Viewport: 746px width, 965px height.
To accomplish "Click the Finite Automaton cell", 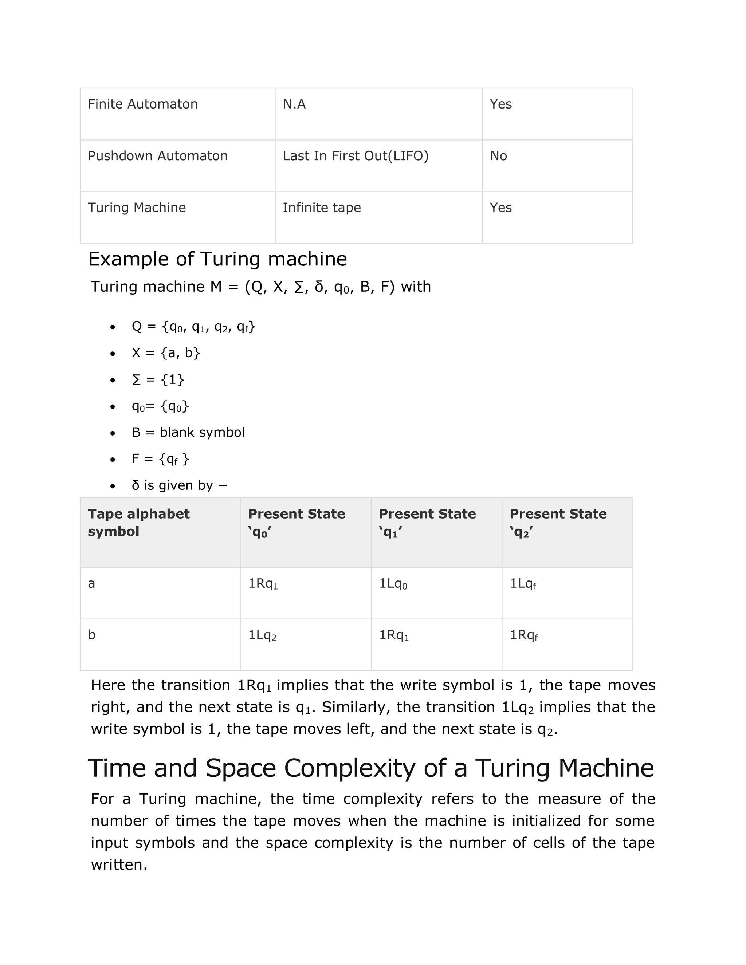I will pos(143,104).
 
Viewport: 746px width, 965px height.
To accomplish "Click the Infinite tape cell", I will pos(322,208).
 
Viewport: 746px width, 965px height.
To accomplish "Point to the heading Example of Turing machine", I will pos(217,259).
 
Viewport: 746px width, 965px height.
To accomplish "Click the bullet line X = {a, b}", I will pos(166,352).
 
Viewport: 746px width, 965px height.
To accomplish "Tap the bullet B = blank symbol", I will pos(188,432).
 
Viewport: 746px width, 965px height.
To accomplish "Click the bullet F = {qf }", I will pos(160,459).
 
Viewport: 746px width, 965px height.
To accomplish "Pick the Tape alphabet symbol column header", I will pos(139,522).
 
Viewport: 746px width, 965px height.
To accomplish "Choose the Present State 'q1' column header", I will pos(427,522).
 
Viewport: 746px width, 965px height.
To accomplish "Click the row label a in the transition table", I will pos(91,584).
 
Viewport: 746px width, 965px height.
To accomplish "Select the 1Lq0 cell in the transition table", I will pos(393,584).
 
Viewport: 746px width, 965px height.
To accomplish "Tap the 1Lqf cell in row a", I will pos(523,584).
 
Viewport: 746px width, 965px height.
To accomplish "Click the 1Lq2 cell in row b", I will pos(262,635).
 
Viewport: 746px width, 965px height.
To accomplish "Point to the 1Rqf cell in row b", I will pos(524,635).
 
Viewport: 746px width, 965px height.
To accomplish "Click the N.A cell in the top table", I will pos(294,104).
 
